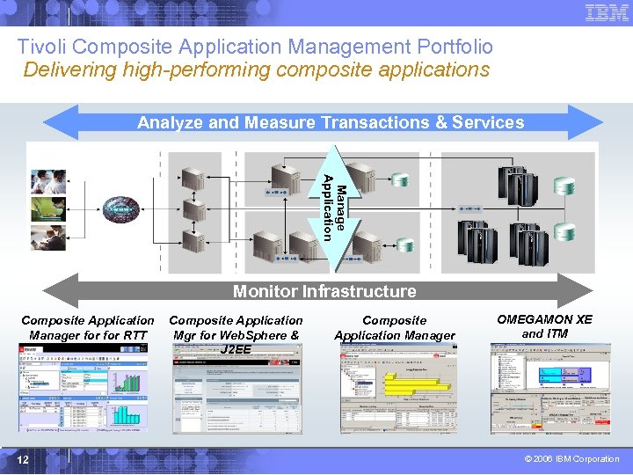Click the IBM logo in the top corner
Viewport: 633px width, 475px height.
click(x=607, y=12)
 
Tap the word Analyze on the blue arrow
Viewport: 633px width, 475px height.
click(x=170, y=123)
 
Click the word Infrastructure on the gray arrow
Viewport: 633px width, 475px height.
click(x=360, y=291)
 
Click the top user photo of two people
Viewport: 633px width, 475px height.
click(x=48, y=180)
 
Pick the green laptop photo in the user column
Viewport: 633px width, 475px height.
click(x=48, y=208)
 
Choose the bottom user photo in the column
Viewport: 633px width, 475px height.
click(x=48, y=237)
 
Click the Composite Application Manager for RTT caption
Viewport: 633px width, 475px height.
click(x=87, y=327)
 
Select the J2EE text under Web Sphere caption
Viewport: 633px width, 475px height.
click(x=236, y=349)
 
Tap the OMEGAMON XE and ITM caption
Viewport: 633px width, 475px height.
click(x=544, y=326)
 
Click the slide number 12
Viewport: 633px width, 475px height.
click(x=24, y=459)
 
